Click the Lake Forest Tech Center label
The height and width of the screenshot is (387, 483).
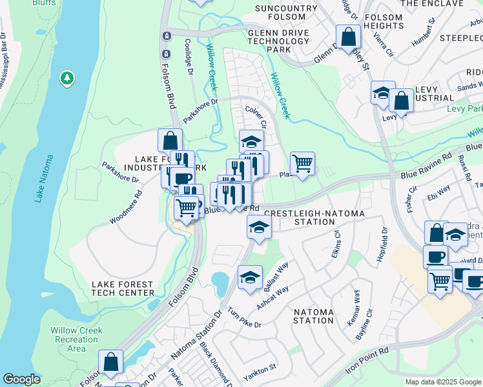coord(122,288)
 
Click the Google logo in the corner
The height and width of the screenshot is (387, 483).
coord(21,379)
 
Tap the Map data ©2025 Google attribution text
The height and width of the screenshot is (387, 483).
coord(442,382)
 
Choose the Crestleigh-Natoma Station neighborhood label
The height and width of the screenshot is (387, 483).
coord(314,217)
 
